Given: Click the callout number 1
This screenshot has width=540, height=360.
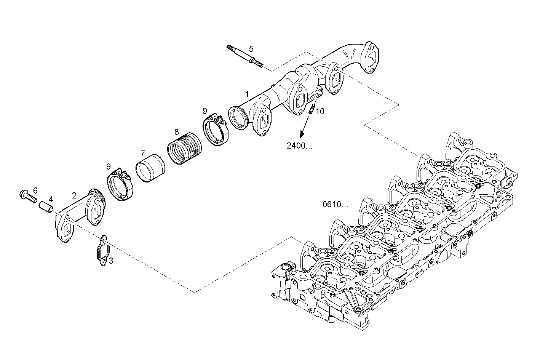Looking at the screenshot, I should pos(247,94).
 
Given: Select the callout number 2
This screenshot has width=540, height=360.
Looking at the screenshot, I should pos(74,195).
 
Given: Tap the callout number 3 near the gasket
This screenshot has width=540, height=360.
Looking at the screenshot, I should pos(111,261).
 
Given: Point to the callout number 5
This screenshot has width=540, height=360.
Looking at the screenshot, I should pos(251,49).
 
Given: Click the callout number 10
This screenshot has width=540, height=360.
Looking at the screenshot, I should pos(320,111).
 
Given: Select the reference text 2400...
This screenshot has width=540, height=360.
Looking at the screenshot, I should pos(299,146).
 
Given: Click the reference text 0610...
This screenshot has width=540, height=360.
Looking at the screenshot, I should pos(335,205).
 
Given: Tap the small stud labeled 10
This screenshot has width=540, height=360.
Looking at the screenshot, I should pos(312,109).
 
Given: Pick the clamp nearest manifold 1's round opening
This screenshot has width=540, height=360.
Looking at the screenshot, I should pos(215,130).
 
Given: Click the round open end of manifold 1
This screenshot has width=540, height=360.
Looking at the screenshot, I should pos(238,118).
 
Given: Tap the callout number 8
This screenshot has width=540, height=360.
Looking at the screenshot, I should pos(176,132).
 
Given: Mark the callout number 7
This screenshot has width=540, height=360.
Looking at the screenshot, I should pos(142,154).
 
